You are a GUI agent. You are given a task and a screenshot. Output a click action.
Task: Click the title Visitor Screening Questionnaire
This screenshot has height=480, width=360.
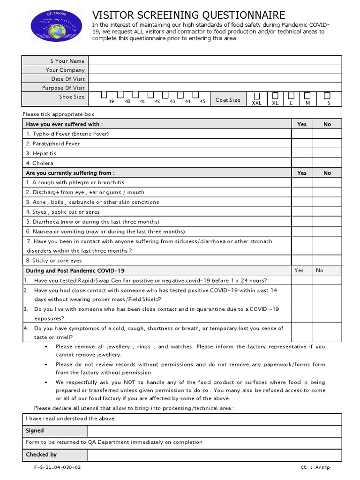(x=188, y=16)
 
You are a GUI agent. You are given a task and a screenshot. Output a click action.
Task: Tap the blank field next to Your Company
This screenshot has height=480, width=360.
(x=215, y=70)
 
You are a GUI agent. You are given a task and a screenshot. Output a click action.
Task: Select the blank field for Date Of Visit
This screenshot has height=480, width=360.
(x=215, y=79)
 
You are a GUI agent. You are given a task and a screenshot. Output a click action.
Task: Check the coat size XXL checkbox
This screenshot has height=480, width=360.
(x=256, y=96)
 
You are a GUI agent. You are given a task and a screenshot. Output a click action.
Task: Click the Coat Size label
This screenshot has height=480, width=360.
(x=228, y=100)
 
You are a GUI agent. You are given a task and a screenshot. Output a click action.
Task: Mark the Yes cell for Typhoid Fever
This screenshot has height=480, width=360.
(x=302, y=134)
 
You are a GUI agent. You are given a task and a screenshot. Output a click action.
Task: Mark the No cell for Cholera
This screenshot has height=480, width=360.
(x=327, y=163)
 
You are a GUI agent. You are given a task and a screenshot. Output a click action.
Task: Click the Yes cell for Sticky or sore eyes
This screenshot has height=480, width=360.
(x=302, y=261)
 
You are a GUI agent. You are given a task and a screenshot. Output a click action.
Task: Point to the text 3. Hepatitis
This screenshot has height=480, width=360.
(x=41, y=153)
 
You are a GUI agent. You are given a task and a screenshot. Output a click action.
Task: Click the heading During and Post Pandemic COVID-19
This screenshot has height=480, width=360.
(x=75, y=270)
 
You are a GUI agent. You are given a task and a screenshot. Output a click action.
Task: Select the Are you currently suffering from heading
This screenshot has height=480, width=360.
(x=70, y=173)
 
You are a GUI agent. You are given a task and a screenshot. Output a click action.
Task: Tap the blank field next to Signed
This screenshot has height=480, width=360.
(x=215, y=431)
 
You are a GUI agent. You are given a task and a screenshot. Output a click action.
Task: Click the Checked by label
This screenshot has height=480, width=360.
(x=41, y=455)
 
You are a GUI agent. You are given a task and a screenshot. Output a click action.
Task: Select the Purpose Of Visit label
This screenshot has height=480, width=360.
(x=63, y=88)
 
